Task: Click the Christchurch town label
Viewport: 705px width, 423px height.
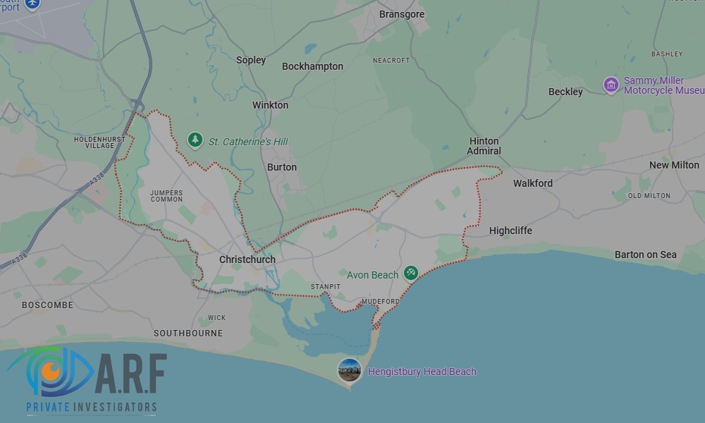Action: pos(247,259)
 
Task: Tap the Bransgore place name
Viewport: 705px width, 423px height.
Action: pos(402,14)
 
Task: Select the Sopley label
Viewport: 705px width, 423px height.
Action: pos(251,60)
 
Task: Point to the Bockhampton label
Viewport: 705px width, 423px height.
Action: pos(312,66)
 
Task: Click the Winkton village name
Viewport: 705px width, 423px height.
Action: pos(270,105)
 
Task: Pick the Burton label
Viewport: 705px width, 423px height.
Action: pos(282,167)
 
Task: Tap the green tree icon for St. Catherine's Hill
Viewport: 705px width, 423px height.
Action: pos(195,140)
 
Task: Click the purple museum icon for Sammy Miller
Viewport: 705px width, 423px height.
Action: pos(611,85)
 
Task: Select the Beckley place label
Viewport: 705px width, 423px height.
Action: pos(565,92)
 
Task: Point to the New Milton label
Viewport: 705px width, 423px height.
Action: pos(674,165)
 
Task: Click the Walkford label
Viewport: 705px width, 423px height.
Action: pos(533,183)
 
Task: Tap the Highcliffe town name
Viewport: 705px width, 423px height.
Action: pos(510,231)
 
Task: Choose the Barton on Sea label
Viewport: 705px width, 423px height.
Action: pos(645,255)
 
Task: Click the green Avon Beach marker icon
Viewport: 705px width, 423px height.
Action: pos(411,274)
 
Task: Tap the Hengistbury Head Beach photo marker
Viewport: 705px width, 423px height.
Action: pos(350,370)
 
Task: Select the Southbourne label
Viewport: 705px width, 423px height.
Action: pos(188,333)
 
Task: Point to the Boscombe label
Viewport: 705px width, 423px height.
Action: pos(47,305)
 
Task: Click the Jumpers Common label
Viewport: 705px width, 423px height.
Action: pos(166,195)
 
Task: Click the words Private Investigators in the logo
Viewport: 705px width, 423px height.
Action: pos(92,407)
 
